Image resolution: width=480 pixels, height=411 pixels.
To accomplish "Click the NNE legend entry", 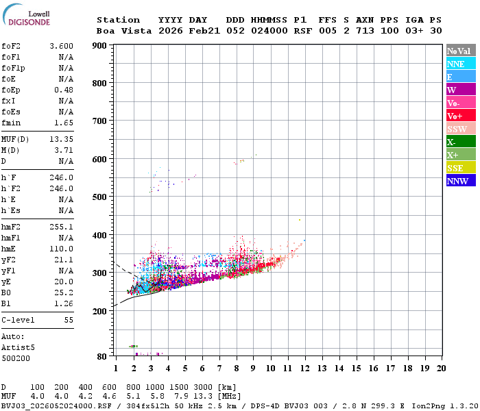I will (x=456, y=64).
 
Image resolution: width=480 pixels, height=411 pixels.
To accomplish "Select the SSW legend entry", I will (x=456, y=129).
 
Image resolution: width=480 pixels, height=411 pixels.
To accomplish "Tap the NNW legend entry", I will (x=457, y=181).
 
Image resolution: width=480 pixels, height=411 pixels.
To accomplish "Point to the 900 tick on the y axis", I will (x=100, y=46).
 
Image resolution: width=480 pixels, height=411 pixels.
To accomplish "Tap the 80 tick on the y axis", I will (x=102, y=356).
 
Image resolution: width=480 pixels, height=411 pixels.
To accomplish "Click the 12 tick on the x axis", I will (x=305, y=368).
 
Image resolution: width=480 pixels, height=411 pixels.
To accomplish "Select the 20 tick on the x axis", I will (x=441, y=368).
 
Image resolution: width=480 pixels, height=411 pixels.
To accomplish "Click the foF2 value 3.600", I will (x=62, y=46).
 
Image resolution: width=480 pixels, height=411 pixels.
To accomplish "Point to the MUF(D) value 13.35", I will (x=62, y=138).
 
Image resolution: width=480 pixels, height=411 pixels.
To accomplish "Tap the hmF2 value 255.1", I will (x=62, y=227).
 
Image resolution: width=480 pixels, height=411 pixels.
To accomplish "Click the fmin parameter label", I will (x=12, y=123).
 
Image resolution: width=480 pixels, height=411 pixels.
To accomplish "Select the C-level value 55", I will (x=69, y=320).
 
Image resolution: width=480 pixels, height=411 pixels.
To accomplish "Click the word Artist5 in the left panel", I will (x=19, y=347).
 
